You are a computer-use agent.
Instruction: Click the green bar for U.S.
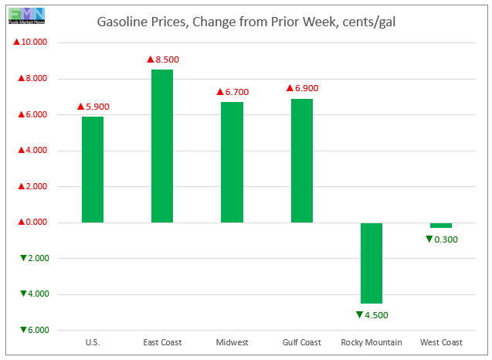point(92,169)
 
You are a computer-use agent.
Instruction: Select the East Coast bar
point(162,146)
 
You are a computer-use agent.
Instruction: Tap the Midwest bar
point(232,162)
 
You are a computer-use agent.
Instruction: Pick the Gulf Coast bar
point(302,161)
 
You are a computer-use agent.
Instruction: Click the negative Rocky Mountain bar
point(372,263)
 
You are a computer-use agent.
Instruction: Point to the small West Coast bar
point(441,225)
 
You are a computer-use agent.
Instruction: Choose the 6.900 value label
point(302,88)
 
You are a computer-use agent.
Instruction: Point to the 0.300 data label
point(441,239)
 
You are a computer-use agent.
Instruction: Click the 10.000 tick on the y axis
point(31,42)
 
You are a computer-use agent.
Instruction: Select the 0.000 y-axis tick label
point(31,222)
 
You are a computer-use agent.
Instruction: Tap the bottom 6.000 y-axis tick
point(31,330)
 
